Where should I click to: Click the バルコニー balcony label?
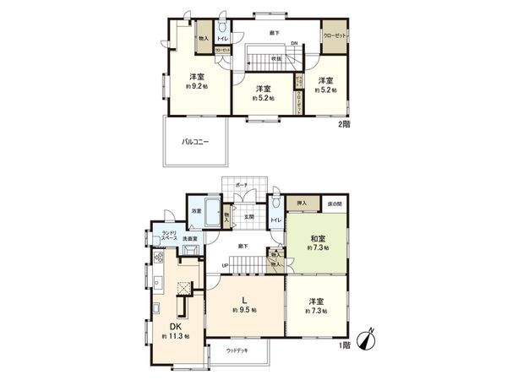click(x=194, y=142)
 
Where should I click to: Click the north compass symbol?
click(x=366, y=340)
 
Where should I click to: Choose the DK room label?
click(x=177, y=327)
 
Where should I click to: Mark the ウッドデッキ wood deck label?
click(x=238, y=350)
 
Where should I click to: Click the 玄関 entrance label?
click(x=250, y=216)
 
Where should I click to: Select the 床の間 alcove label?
click(x=335, y=204)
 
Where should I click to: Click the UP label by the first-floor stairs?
click(x=226, y=266)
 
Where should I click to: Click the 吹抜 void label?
click(x=275, y=58)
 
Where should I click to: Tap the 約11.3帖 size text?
click(x=177, y=336)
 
